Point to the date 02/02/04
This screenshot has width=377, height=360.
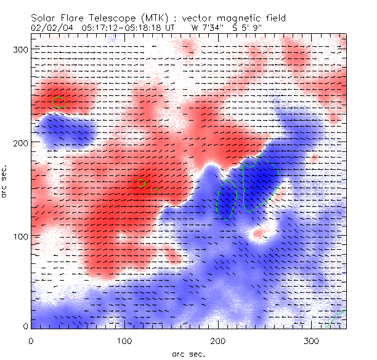[51, 28]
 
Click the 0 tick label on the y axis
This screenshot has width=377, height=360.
[25, 326]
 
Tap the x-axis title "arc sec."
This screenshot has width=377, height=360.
[188, 353]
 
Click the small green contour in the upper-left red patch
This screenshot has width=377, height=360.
[58, 102]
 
